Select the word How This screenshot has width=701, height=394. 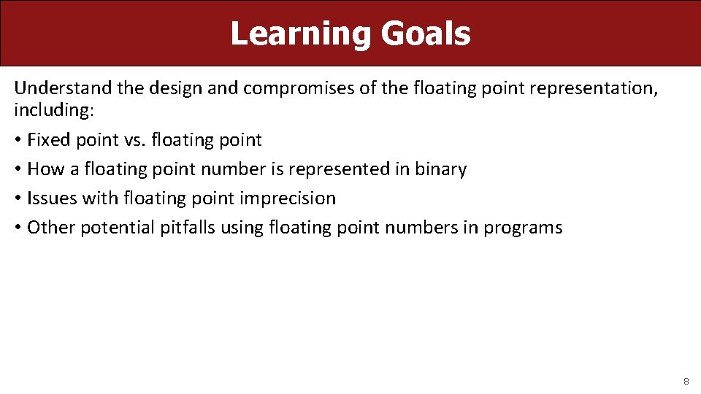46,169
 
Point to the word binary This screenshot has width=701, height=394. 440,169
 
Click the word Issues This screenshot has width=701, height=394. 52,198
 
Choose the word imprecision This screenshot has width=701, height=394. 288,198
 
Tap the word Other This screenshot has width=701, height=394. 50,227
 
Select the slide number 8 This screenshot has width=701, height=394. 686,381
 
